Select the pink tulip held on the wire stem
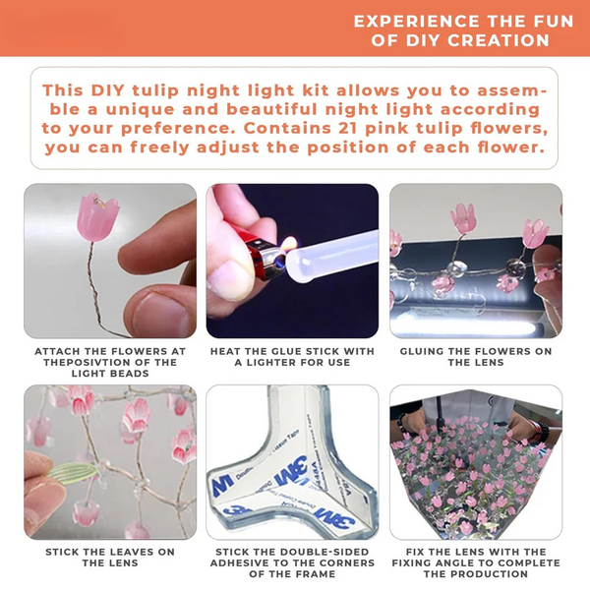pos(97,217)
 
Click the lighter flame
pos(289,244)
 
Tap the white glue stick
pos(331,256)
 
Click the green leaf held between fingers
pos(73,471)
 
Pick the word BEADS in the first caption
pos(132,374)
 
